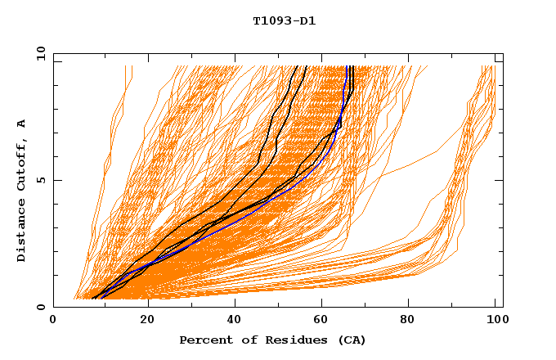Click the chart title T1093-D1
[x=284, y=21]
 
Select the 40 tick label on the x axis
[x=235, y=320]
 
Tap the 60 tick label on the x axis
[x=323, y=320]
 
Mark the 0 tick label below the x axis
[x=53, y=320]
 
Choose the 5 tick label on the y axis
[x=40, y=180]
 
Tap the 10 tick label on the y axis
[x=38, y=53]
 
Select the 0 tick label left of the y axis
[x=40, y=307]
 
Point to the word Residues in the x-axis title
[x=280, y=340]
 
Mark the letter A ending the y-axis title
[x=21, y=124]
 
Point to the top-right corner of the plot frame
[x=503, y=53]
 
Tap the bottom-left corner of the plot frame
[x=53, y=307]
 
